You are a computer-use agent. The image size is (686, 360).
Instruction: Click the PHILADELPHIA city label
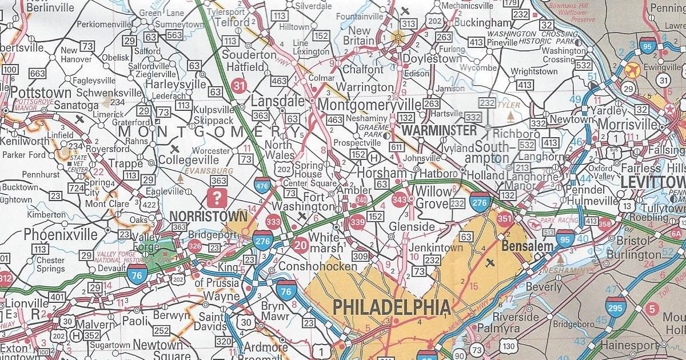pos(392,307)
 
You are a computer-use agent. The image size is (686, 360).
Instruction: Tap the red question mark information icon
pos(217,199)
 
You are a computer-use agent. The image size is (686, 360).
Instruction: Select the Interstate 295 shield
pos(616,307)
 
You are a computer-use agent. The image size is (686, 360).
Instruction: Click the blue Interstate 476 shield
pos(262,185)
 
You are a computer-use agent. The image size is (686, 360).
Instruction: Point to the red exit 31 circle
pos(240,86)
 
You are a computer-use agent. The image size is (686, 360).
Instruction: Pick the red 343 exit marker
pos(400,199)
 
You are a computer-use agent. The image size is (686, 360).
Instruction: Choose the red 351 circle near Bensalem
pos(504,218)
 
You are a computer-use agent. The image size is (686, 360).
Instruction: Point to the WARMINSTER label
pos(439,131)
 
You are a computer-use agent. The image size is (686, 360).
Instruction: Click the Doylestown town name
pos(432,59)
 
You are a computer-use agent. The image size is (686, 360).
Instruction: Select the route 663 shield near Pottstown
pos(37,73)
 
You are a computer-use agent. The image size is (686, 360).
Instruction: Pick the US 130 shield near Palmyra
pos(509,345)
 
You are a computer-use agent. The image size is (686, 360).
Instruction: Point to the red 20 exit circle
pos(299,246)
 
